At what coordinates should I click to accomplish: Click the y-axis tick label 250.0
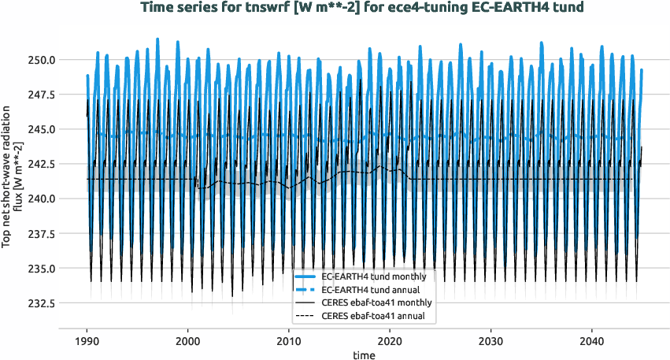click(x=38, y=60)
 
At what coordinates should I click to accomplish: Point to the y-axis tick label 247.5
click(x=38, y=95)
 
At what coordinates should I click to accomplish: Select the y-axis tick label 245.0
click(x=38, y=129)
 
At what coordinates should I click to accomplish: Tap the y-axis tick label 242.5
click(x=38, y=164)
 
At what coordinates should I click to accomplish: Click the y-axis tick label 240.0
click(x=38, y=199)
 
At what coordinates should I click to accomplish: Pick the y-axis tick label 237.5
click(x=38, y=234)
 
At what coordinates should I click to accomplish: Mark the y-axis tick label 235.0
click(x=38, y=269)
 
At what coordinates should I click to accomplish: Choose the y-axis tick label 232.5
click(x=38, y=303)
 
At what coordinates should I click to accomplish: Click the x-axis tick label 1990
click(x=87, y=343)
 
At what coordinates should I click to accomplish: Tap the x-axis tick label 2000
click(x=187, y=343)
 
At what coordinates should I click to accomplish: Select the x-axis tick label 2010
click(x=289, y=343)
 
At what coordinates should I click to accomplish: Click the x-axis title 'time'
click(x=363, y=355)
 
